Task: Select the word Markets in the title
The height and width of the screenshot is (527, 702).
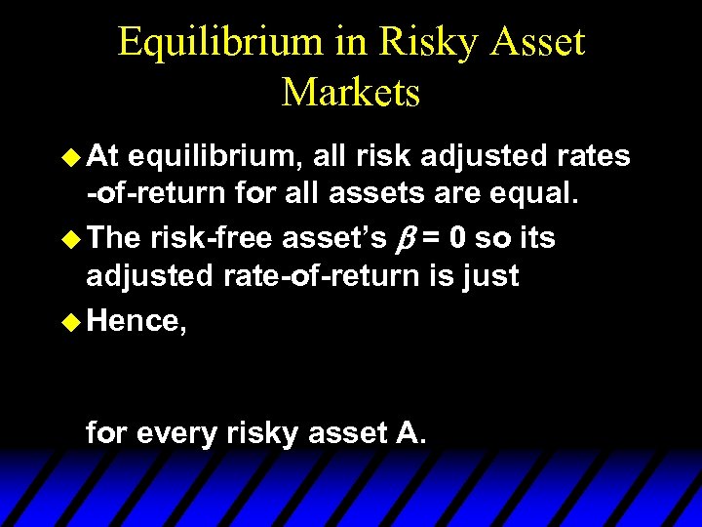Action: click(x=351, y=92)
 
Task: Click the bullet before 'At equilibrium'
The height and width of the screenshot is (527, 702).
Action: click(x=71, y=155)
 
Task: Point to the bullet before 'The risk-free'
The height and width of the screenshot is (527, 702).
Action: click(x=71, y=236)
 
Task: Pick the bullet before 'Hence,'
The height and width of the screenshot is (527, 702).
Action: click(x=71, y=320)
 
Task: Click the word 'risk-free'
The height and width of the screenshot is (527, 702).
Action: click(x=211, y=236)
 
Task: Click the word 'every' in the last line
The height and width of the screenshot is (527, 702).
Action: click(x=172, y=431)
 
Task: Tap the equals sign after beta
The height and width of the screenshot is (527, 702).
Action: click(x=429, y=236)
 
